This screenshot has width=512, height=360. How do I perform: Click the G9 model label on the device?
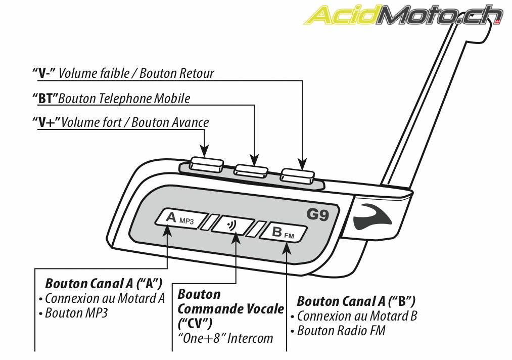pyautogui.click(x=318, y=215)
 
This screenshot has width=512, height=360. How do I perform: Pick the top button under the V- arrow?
pyautogui.click(x=298, y=174)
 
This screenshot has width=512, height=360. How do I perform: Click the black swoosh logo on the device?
pyautogui.click(x=374, y=216)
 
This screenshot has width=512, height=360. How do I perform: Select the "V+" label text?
pyautogui.click(x=45, y=122)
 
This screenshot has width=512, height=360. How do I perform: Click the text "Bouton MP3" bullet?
pyautogui.click(x=76, y=313)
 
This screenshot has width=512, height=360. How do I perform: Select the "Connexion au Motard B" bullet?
pyautogui.click(x=357, y=317)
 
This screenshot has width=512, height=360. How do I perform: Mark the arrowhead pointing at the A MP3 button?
pyautogui.click(x=167, y=230)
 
